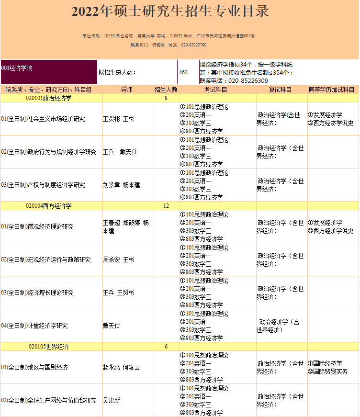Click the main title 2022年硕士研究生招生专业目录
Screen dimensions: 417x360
pos(170,12)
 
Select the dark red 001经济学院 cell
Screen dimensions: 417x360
pos(48,72)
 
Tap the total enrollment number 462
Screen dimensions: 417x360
pos(183,72)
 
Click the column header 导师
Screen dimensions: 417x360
pos(127,90)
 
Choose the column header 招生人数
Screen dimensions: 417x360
pos(166,90)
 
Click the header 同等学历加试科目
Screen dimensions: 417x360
pos(332,90)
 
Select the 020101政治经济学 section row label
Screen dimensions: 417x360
pos(49,98)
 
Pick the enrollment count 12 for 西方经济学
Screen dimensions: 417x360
pos(166,206)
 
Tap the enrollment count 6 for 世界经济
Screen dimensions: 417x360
pos(166,347)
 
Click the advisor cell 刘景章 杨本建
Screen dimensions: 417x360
pos(121,185)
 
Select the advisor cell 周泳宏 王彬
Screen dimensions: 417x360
pos(119,259)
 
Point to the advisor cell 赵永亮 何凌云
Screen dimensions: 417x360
pos(121,367)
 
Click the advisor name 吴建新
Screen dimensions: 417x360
pos(112,400)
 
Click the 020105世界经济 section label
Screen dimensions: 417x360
pos(49,347)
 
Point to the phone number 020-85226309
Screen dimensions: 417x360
pos(248,81)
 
